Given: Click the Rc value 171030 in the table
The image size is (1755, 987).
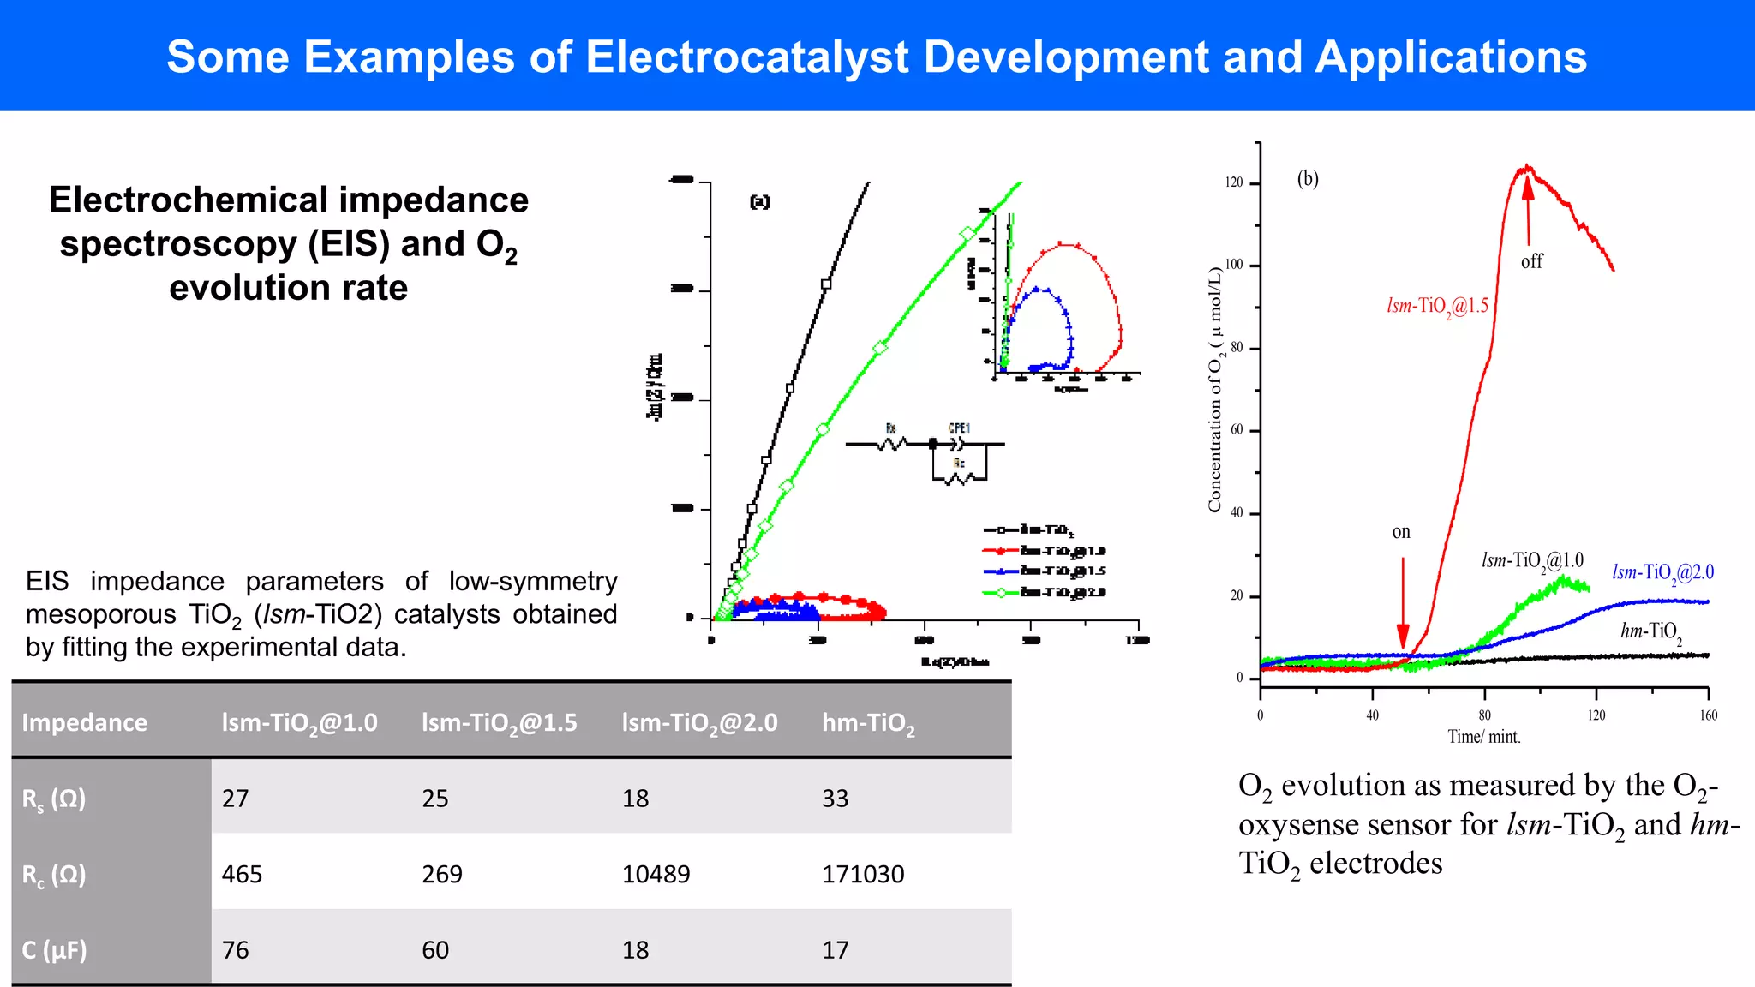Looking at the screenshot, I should click(862, 874).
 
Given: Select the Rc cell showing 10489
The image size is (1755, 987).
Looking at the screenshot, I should click(656, 874).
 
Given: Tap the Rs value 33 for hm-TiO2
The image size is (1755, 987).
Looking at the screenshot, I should click(835, 799).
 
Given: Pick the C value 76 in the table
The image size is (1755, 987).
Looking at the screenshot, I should click(235, 950).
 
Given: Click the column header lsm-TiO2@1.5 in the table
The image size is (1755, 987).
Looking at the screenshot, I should click(499, 723).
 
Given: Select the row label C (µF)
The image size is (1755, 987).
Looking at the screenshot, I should click(54, 950).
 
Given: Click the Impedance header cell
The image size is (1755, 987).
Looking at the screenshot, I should click(84, 722).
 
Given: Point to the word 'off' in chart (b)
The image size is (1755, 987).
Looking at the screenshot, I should click(1531, 262).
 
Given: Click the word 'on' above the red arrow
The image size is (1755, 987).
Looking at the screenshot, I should click(1400, 532).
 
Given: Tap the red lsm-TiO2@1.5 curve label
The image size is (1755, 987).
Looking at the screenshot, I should click(1437, 306).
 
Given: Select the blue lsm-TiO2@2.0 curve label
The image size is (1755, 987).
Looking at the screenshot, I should click(1662, 572).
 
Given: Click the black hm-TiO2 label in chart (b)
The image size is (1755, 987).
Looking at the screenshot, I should click(1650, 632).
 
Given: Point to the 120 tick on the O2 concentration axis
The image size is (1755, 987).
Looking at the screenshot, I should click(1233, 182).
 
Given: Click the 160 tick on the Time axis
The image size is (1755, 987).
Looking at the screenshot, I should click(1708, 715).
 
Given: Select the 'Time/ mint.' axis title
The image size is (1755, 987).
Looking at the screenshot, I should click(1483, 737).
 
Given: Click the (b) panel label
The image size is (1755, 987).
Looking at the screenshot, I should click(1307, 178).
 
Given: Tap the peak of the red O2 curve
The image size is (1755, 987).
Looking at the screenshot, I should click(1527, 167).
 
